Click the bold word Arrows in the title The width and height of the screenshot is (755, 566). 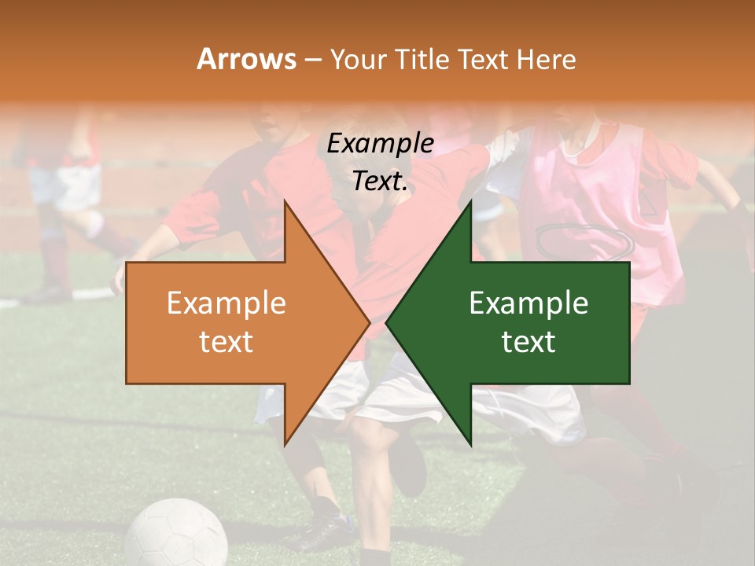tap(246, 59)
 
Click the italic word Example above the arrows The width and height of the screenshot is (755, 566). tap(380, 144)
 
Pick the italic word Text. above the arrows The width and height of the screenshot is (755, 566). tap(380, 182)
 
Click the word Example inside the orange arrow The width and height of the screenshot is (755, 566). tap(226, 303)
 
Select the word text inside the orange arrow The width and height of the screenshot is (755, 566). tap(226, 342)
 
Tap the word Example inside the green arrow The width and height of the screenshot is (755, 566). tap(528, 303)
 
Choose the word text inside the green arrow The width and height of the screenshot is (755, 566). tap(528, 342)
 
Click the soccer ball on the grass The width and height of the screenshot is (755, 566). tap(176, 535)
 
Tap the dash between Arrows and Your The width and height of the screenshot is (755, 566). tap(312, 60)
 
